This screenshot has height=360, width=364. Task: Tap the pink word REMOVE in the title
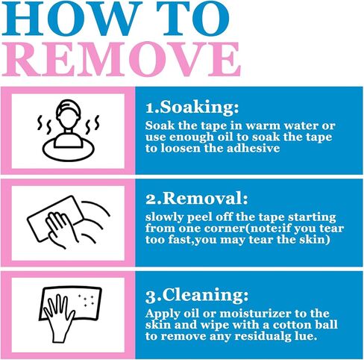(x=122, y=59)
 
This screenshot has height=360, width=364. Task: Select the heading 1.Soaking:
(x=192, y=108)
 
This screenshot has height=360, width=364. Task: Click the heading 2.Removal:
(x=197, y=199)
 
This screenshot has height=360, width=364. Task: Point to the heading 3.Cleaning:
(x=197, y=295)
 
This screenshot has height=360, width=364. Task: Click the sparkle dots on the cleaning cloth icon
(x=86, y=300)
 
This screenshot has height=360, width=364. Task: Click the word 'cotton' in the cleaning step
(x=288, y=325)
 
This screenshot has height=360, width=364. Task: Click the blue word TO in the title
(x=192, y=19)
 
